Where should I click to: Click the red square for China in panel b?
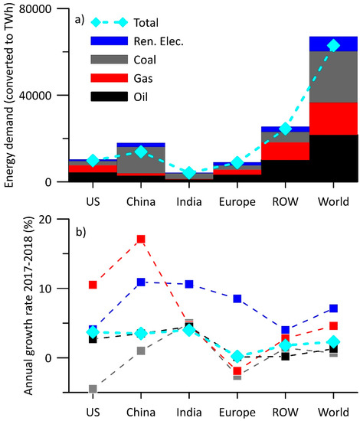[x=140, y=240]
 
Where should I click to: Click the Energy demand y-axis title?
[x=10, y=96]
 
